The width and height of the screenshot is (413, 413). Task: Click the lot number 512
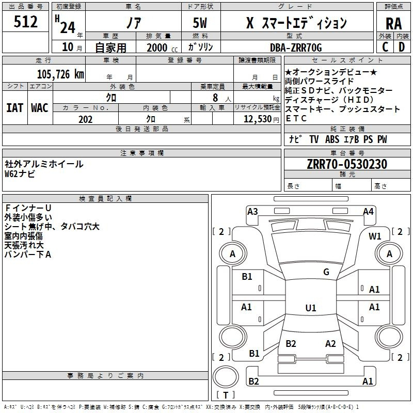25,22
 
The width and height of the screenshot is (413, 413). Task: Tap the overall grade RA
393,24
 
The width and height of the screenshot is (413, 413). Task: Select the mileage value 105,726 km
60,74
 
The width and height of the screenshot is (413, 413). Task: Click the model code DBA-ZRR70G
296,47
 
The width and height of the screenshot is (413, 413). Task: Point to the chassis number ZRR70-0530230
347,164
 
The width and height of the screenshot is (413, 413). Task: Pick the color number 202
85,119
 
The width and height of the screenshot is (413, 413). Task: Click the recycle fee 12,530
258,119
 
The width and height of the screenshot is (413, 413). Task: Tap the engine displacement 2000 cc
162,47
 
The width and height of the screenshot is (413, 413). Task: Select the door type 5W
200,23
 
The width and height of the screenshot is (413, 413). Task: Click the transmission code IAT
14,108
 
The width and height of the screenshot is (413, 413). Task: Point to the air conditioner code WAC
40,108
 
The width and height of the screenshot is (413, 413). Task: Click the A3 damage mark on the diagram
252,212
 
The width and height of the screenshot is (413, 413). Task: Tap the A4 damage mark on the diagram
368,212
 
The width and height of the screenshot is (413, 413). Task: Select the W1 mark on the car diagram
375,236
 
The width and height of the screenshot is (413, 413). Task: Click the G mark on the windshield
326,272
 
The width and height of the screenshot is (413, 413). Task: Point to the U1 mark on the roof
311,308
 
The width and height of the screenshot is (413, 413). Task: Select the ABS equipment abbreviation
332,139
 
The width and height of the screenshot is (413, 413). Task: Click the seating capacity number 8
215,98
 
